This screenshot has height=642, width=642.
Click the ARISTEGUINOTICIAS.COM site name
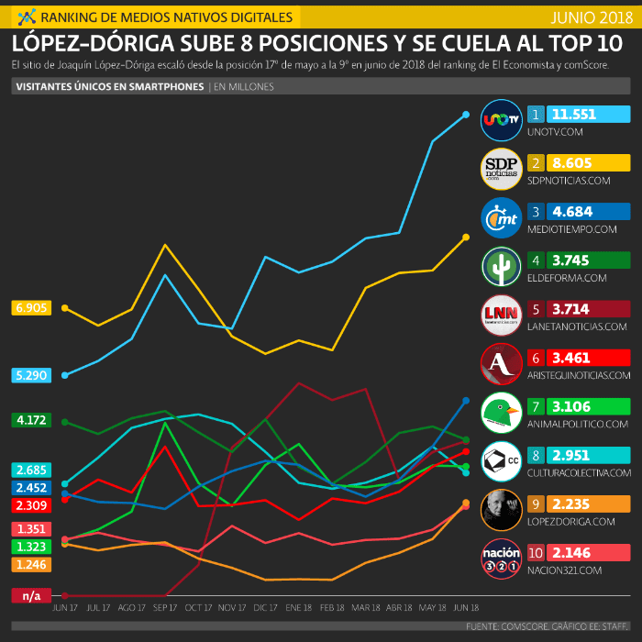coord(580,375)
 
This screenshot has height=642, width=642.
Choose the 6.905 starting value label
coord(31,308)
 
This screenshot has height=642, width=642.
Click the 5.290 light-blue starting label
coord(31,374)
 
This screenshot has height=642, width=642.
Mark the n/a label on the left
coord(31,595)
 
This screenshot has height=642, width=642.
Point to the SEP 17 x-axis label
coord(164,608)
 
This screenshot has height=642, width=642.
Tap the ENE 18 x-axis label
coord(298,608)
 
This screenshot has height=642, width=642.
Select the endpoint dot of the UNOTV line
coord(466,115)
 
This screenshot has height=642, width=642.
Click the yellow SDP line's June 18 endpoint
coord(466,237)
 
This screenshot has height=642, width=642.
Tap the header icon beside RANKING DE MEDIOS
coord(28,17)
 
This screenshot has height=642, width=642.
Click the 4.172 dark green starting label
coord(31,420)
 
